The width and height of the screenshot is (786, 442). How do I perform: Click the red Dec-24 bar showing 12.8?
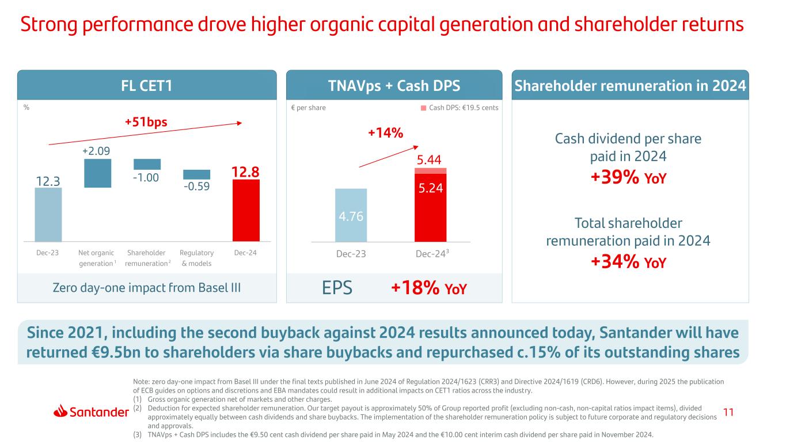point(246,211)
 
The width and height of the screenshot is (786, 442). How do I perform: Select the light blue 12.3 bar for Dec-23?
point(48,214)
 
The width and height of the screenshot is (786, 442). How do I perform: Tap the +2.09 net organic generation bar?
point(97,173)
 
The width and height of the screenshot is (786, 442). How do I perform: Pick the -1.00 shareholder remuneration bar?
point(147,164)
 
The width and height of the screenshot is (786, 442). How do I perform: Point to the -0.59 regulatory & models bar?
point(196,174)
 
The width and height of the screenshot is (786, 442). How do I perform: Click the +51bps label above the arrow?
point(150,123)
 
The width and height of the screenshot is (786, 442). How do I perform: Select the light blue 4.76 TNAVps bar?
point(351,215)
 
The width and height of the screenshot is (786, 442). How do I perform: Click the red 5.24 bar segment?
point(430,207)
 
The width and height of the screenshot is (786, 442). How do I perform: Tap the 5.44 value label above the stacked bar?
point(430,159)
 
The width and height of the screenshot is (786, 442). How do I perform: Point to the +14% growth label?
point(385,134)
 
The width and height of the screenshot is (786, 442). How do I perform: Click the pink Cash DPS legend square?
point(424,108)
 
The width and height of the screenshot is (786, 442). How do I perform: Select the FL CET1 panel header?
point(147,85)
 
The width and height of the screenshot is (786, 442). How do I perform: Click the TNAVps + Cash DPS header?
point(394,85)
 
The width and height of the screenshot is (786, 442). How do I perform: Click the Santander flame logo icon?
point(62,411)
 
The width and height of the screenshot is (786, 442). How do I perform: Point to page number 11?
point(728,411)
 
